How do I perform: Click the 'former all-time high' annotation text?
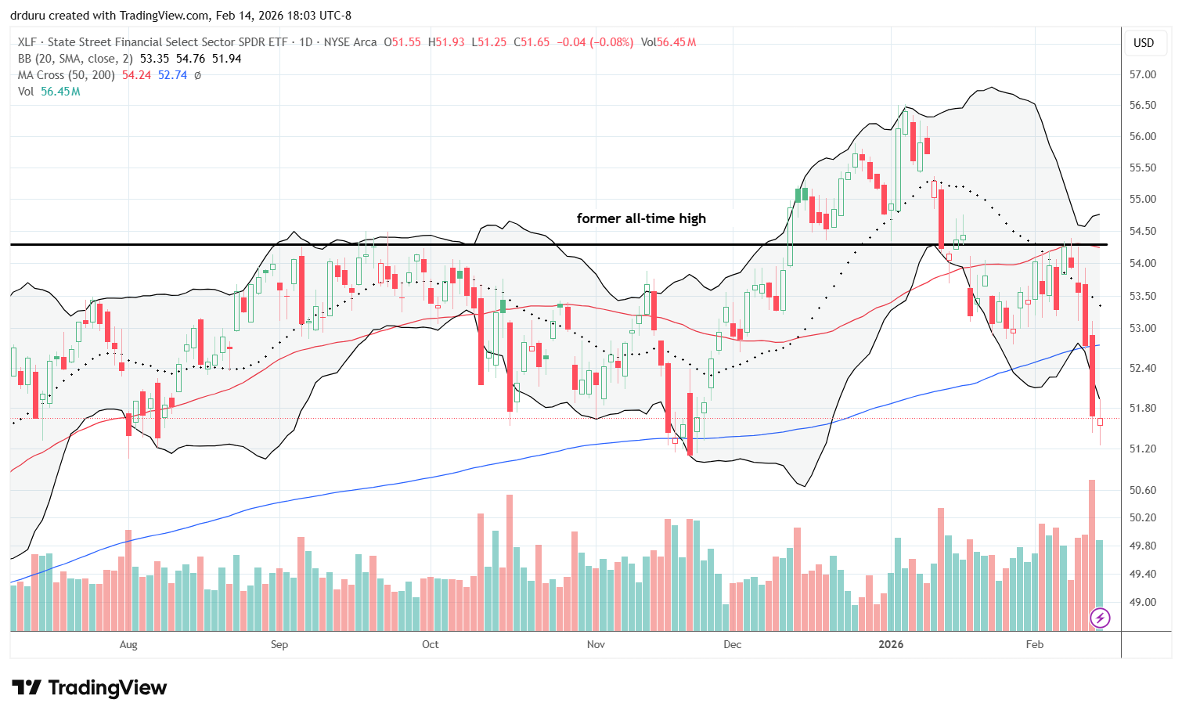pyautogui.click(x=641, y=218)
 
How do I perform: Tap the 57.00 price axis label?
pyautogui.click(x=1143, y=74)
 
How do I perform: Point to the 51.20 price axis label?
pyautogui.click(x=1143, y=449)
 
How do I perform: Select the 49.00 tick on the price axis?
pyautogui.click(x=1143, y=602)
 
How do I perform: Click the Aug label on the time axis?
pyautogui.click(x=128, y=644)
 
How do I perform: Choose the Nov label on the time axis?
pyautogui.click(x=596, y=644)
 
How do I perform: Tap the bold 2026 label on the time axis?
pyautogui.click(x=891, y=644)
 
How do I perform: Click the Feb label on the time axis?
pyautogui.click(x=1034, y=644)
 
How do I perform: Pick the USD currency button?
pyautogui.click(x=1144, y=43)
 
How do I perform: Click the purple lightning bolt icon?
pyautogui.click(x=1100, y=618)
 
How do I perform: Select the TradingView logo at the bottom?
pyautogui.click(x=90, y=688)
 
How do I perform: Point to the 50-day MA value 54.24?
pyautogui.click(x=136, y=75)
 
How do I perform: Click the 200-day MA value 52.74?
pyautogui.click(x=173, y=75)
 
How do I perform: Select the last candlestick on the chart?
pyautogui.click(x=1100, y=422)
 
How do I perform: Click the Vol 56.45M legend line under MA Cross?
pyautogui.click(x=49, y=92)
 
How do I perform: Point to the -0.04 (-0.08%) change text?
pyautogui.click(x=595, y=42)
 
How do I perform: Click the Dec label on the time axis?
pyautogui.click(x=732, y=644)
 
